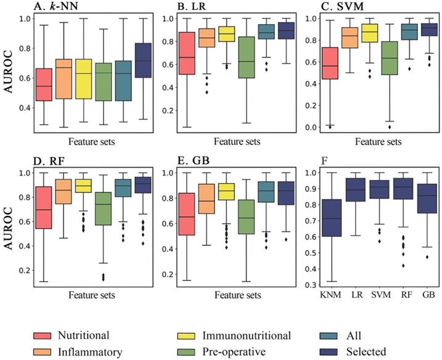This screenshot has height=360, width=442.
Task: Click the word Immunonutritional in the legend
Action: pos(249,337)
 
